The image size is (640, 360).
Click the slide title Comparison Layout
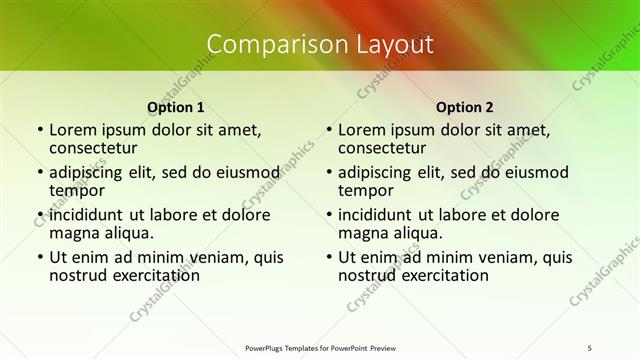(x=320, y=44)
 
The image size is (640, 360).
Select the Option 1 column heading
(x=176, y=107)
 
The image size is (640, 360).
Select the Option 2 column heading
(x=465, y=107)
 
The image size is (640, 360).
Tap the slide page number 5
(x=589, y=347)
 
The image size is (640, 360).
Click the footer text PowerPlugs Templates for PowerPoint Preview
(x=320, y=347)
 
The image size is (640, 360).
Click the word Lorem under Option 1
(x=72, y=129)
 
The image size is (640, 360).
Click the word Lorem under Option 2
(x=361, y=129)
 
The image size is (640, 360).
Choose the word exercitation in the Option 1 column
(x=155, y=275)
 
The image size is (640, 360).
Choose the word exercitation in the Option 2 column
(x=444, y=275)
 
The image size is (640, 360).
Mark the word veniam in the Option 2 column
(x=492, y=257)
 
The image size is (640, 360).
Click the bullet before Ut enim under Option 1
(x=38, y=257)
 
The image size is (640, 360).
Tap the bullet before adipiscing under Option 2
(x=327, y=172)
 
